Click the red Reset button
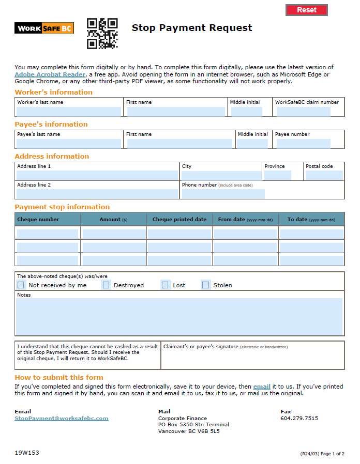pos(307,10)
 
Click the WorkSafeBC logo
pos(44,28)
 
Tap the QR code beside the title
pos(102,34)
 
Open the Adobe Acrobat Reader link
pos(50,74)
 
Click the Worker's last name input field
pos(69,111)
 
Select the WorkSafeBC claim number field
pos(303,111)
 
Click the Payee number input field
pos(303,143)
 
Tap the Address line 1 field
pos(97,175)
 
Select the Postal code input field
pos(324,175)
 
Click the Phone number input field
pos(223,194)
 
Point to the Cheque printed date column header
pos(179,219)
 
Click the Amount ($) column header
pos(113,219)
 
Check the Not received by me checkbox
pos(21,285)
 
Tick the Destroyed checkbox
pos(106,285)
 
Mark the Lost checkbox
pos(165,285)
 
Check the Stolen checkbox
pos(205,285)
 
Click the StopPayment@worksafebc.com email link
pos(62,418)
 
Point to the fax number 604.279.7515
pos(299,418)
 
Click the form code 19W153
pos(27,453)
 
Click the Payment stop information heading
pos(62,207)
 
